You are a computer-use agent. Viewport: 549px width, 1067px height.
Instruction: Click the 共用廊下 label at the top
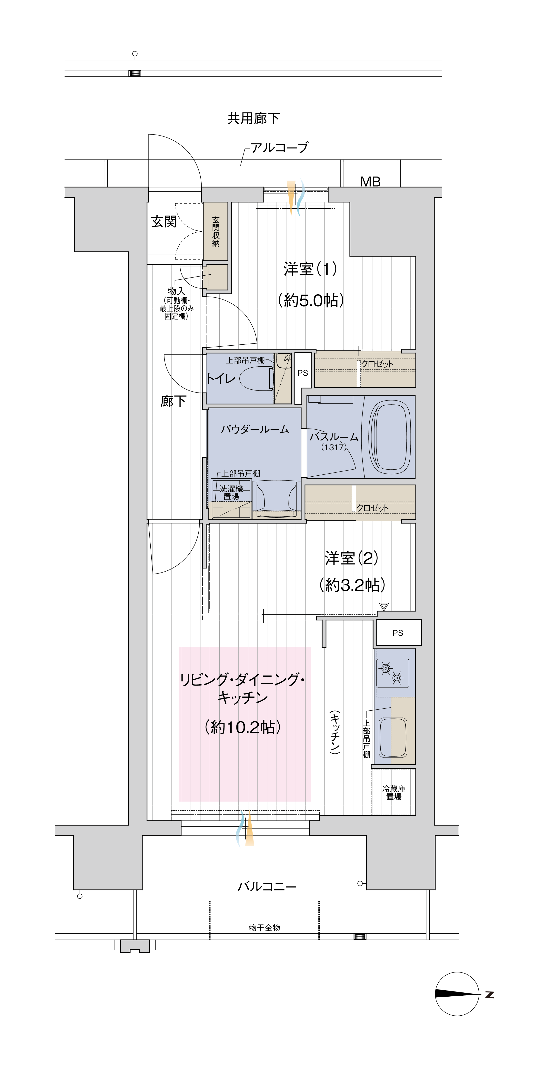[x=253, y=118]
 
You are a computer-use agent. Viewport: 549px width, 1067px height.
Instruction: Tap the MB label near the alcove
[x=370, y=181]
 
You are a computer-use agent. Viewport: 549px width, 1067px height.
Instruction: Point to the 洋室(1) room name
[x=310, y=269]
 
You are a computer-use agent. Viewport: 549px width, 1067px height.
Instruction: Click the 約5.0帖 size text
[x=311, y=300]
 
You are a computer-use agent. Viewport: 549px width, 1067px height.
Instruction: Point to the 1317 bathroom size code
[x=334, y=447]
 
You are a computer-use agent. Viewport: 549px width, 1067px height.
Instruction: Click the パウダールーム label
[x=255, y=429]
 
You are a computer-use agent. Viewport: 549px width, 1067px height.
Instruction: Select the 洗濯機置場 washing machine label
[x=231, y=493]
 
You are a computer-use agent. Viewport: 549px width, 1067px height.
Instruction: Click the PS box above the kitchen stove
[x=398, y=633]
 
